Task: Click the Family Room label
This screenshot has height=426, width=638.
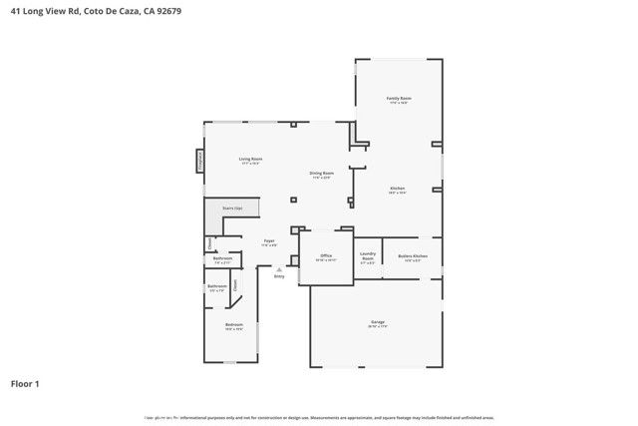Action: tap(399, 100)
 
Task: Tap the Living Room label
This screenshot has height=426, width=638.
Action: tap(249, 160)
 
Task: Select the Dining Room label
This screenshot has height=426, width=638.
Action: tap(322, 175)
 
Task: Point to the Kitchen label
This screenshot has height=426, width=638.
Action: tap(397, 190)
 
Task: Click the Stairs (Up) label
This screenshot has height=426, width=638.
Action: tap(232, 208)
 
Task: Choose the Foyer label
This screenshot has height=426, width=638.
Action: tap(269, 241)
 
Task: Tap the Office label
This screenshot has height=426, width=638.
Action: tap(326, 257)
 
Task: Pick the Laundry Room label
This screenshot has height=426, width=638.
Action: tap(367, 257)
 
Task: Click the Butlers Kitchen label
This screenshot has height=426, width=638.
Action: tap(413, 257)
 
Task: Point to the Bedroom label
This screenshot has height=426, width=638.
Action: tap(233, 325)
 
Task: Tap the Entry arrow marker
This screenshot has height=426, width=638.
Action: tap(279, 271)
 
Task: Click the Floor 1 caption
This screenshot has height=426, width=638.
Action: tap(26, 383)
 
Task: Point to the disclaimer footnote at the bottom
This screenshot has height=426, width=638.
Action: tap(319, 417)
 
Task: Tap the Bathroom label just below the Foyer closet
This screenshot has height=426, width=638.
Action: tap(222, 259)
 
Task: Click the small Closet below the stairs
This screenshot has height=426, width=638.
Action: tap(209, 243)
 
